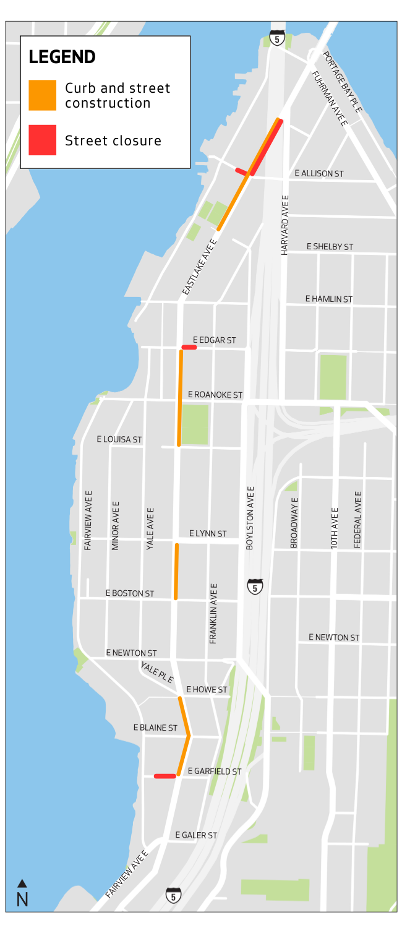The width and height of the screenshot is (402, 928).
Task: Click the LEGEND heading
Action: click(x=62, y=57)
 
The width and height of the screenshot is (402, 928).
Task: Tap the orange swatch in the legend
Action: click(x=42, y=95)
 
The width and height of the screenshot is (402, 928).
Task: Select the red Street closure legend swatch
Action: click(x=42, y=140)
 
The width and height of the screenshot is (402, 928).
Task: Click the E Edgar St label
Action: click(x=214, y=340)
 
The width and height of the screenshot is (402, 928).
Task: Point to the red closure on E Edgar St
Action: click(x=189, y=348)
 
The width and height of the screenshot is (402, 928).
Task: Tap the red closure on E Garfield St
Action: click(x=165, y=776)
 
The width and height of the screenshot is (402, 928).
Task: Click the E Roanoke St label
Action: click(x=215, y=395)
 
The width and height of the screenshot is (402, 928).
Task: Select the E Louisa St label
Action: click(x=119, y=439)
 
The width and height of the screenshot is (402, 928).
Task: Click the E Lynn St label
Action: click(x=208, y=533)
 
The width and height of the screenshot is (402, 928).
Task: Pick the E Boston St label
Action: click(x=130, y=593)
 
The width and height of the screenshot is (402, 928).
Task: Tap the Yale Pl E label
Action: click(x=157, y=672)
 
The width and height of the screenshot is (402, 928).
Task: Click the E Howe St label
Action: click(x=207, y=689)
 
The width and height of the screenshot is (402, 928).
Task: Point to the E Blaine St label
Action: click(x=155, y=728)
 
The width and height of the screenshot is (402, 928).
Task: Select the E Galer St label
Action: click(x=196, y=835)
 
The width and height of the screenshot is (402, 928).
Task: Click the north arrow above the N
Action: click(x=22, y=883)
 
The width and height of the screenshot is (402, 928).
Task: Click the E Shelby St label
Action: click(x=330, y=247)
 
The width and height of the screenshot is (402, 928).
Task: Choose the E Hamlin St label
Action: click(x=328, y=299)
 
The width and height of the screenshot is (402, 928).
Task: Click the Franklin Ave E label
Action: click(x=213, y=613)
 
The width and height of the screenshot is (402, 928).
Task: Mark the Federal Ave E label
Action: click(x=357, y=519)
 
